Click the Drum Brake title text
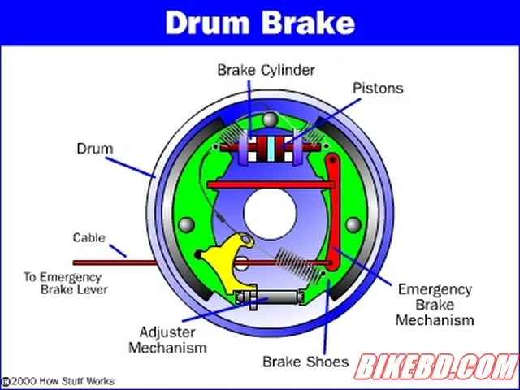tap(260, 23)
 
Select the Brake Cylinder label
tap(266, 70)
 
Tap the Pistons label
tap(378, 89)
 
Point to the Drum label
tap(95, 149)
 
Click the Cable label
tap(89, 237)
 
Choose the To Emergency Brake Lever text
tap(66, 283)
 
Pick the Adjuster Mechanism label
tap(168, 340)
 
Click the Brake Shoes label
tap(305, 362)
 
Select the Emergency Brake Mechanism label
tap(435, 305)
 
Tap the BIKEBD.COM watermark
tap(437, 366)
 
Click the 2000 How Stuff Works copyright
tap(58, 381)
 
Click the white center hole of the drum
tap(270, 214)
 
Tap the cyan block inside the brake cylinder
tap(271, 149)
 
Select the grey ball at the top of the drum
tap(270, 119)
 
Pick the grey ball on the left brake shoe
tap(186, 225)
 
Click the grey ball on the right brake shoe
tap(353, 225)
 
